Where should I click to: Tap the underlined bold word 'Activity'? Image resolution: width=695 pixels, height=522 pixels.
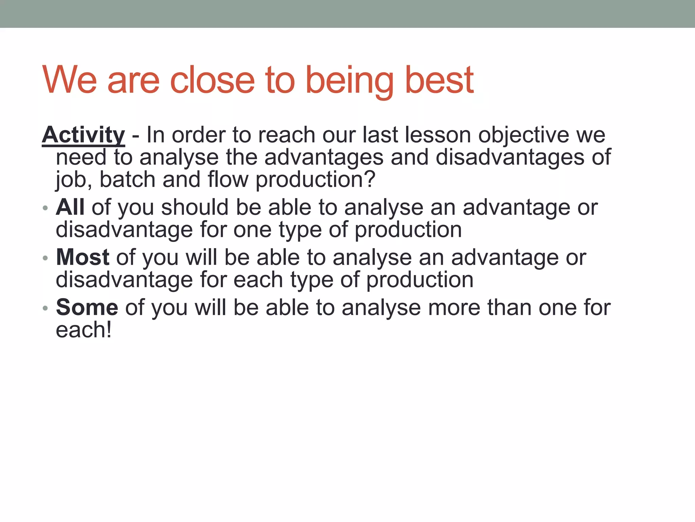(x=83, y=135)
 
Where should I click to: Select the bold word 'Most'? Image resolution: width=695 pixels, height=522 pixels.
(x=82, y=257)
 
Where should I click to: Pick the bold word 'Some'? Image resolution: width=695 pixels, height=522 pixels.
(x=87, y=307)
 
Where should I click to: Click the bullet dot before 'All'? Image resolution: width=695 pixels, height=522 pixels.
(x=45, y=208)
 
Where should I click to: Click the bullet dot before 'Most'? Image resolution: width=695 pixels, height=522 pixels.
(x=45, y=258)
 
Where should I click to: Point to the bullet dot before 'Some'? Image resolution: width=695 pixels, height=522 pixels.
(x=45, y=308)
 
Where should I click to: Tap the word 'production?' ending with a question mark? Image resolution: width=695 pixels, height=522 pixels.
(x=315, y=180)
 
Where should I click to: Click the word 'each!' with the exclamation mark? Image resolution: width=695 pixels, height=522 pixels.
(x=83, y=330)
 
